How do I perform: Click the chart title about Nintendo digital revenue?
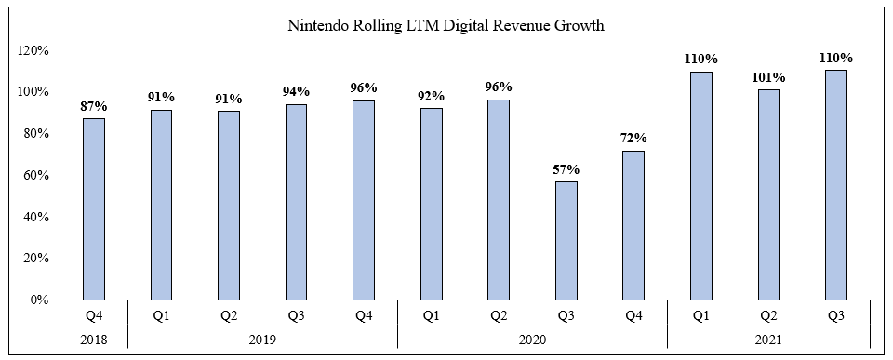click(446, 26)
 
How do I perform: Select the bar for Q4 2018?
click(94, 209)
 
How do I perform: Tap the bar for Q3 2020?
click(566, 240)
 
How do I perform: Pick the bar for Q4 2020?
click(633, 225)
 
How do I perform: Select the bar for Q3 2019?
click(296, 202)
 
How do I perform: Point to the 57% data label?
click(566, 170)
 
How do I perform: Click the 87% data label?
click(94, 106)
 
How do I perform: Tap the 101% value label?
click(767, 77)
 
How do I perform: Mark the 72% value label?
click(633, 139)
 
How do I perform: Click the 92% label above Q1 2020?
click(431, 96)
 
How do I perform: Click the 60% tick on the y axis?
click(33, 175)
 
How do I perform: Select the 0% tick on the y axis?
click(37, 300)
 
